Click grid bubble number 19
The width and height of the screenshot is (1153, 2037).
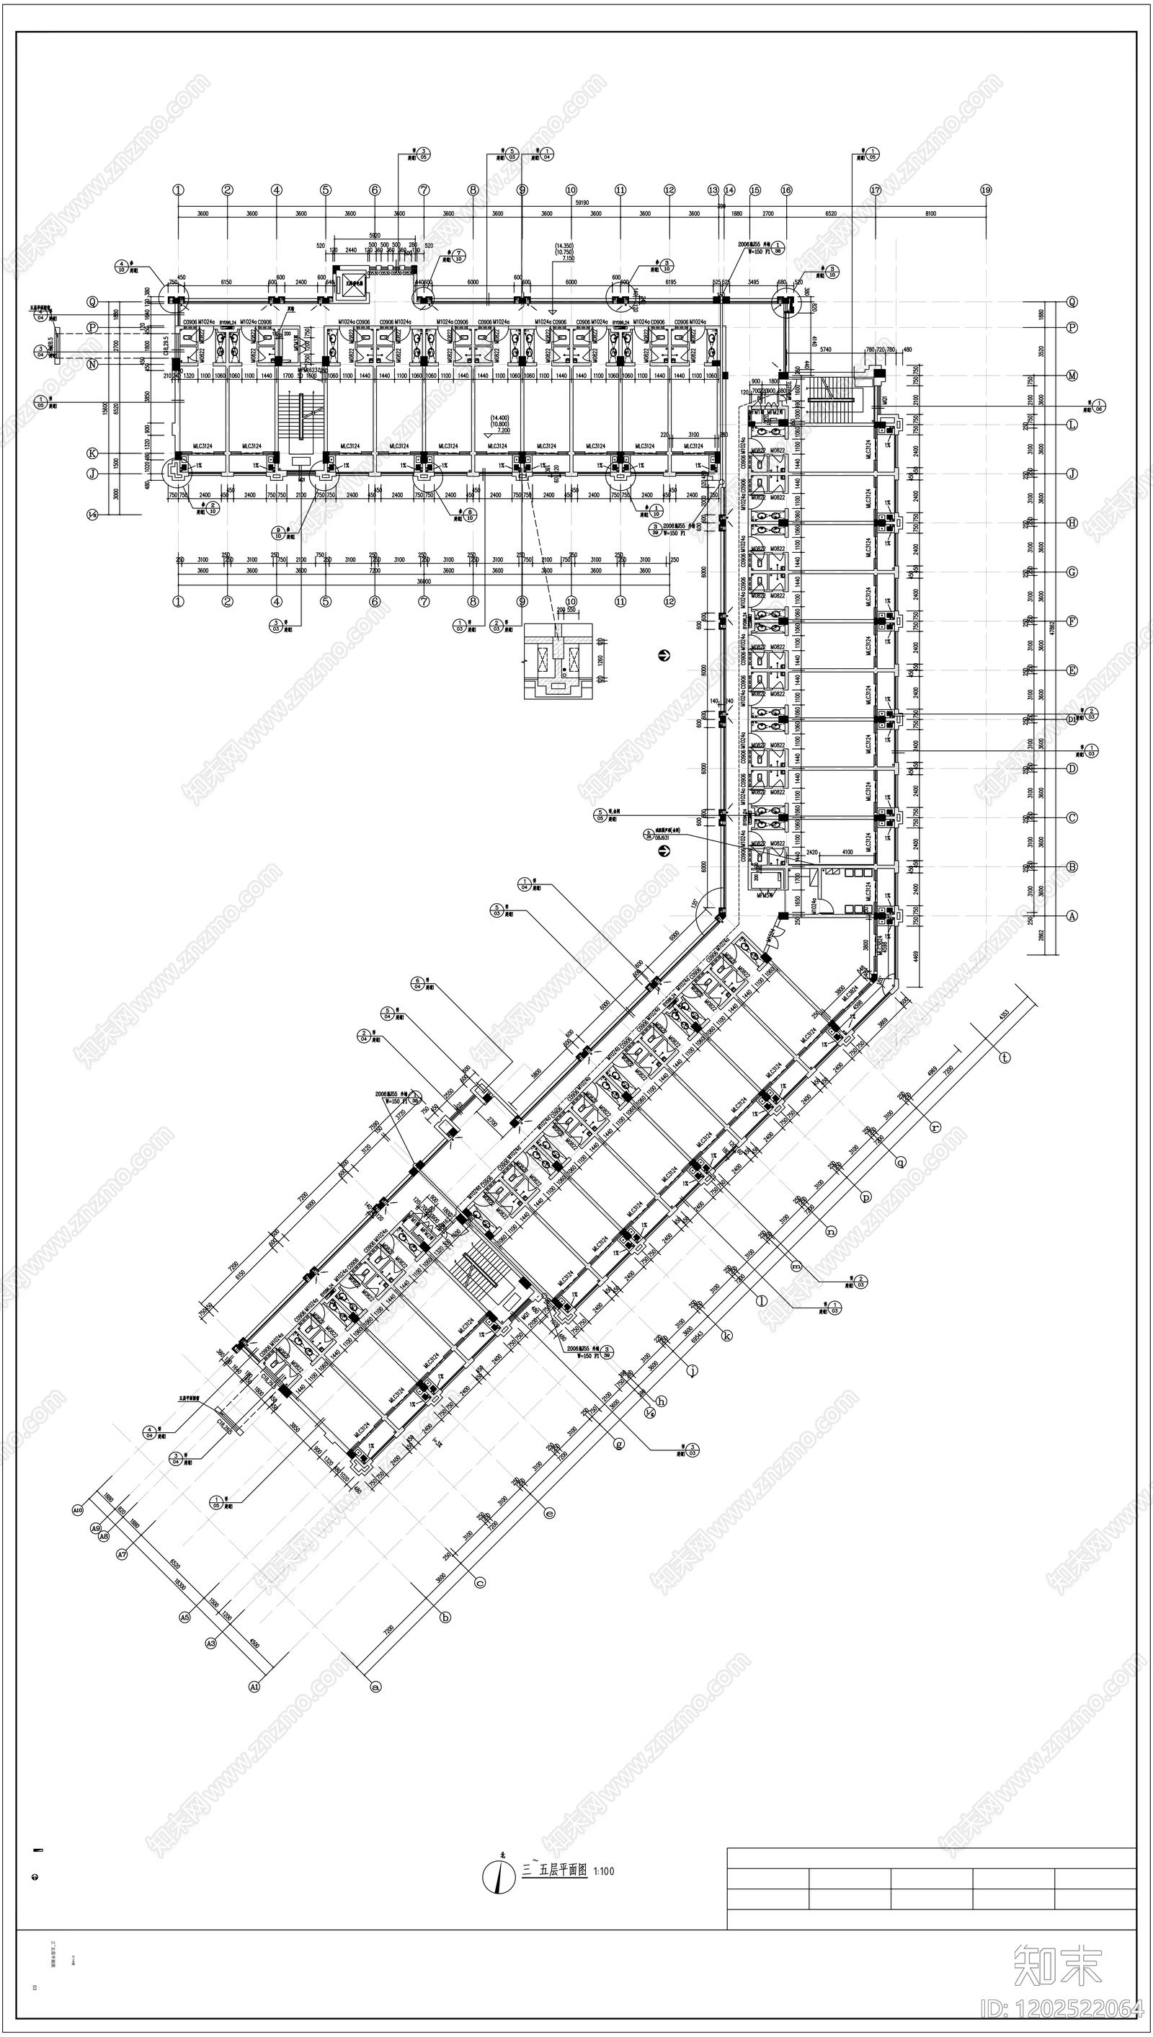[x=986, y=190]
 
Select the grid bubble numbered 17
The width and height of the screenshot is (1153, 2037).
[x=875, y=190]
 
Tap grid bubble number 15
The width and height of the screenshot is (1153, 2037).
[x=754, y=190]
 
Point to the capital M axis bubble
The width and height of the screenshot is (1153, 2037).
[x=1072, y=376]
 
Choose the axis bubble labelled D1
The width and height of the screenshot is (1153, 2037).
[x=1072, y=720]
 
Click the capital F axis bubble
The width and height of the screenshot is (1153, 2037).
[x=1072, y=621]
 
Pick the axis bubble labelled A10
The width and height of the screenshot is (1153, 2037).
[x=78, y=1510]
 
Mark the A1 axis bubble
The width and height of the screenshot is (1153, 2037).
[x=255, y=1687]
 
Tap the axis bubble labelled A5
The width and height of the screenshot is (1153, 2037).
[x=185, y=1617]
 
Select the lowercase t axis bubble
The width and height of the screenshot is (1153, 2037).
[x=1005, y=1057]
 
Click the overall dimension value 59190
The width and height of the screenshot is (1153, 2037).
[x=582, y=203]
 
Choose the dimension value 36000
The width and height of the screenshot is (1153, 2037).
[x=424, y=580]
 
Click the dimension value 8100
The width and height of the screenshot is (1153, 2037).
[x=930, y=214]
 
